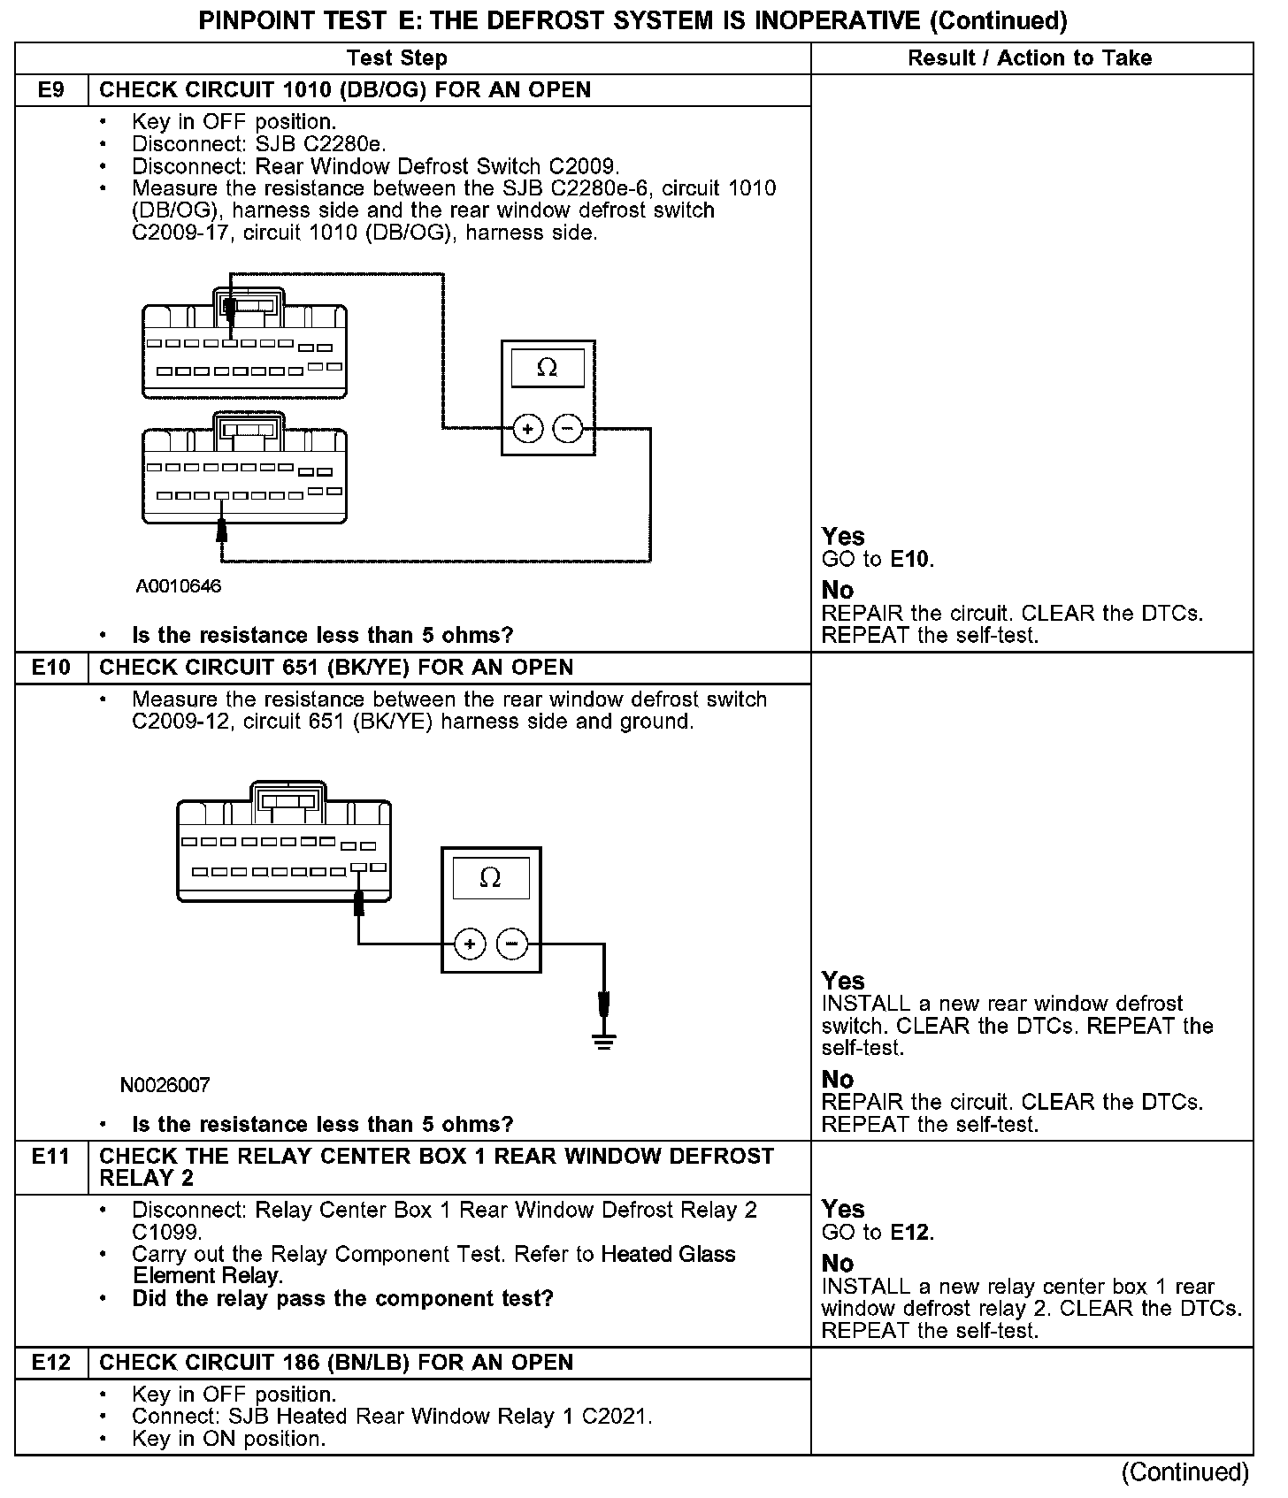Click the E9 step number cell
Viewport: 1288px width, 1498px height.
pos(51,90)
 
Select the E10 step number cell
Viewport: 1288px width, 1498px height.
pos(51,668)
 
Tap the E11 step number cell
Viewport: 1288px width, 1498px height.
pos(51,1157)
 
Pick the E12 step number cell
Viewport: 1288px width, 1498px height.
pos(51,1363)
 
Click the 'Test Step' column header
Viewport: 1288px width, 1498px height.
pos(397,58)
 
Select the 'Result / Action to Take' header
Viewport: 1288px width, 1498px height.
pos(1030,58)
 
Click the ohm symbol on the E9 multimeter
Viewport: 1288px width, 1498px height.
pos(548,368)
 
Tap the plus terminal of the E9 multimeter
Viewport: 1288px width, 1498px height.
pos(528,430)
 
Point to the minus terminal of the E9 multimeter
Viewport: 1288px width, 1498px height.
pos(567,430)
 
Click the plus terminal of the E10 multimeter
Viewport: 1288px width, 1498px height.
pos(470,944)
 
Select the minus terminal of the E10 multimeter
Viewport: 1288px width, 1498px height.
pos(512,944)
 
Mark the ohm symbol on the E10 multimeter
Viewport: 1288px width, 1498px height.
pos(490,877)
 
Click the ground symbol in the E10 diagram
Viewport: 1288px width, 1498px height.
pos(604,1039)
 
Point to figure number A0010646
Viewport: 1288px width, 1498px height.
pos(179,586)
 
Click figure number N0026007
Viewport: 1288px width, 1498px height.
pos(165,1085)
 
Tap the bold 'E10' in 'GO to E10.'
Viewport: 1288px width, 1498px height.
pos(910,560)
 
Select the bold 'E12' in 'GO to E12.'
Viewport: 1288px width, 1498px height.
pos(910,1233)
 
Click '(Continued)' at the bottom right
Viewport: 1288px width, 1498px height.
pos(1185,1472)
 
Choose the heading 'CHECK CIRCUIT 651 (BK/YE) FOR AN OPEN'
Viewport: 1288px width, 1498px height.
pos(336,668)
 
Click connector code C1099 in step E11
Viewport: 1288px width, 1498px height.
pos(167,1232)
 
